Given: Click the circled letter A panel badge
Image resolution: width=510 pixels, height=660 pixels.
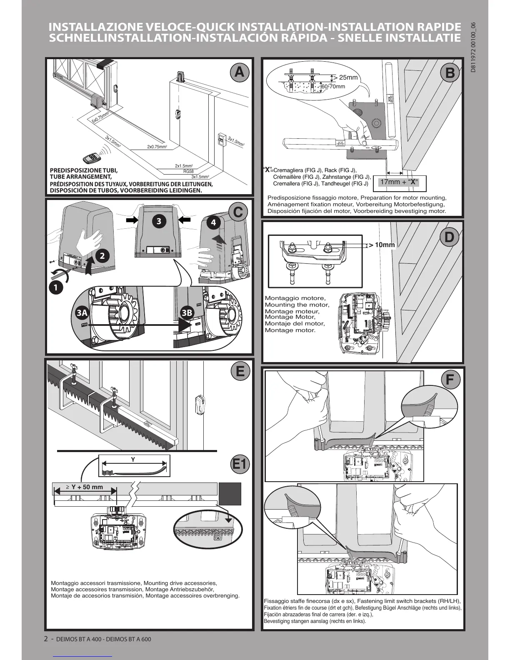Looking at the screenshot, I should pos(239,72).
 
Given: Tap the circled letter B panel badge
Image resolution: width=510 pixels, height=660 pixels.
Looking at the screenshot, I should pos(450,73).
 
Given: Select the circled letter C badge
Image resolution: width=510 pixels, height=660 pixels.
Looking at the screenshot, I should pos(238,212).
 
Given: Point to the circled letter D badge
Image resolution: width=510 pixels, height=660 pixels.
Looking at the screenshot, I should pos(449,237).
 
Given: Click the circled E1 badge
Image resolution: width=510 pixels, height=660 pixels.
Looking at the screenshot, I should pos(240,464).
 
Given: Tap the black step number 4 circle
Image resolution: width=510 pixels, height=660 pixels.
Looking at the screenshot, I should pos(213,222).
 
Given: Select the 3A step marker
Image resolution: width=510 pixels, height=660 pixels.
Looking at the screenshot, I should pos(82,313).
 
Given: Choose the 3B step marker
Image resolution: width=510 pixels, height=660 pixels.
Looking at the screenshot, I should pos(187,313).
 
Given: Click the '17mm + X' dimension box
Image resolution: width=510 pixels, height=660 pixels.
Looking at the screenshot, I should pos(399,182).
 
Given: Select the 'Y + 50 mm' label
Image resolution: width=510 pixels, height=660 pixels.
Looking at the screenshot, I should pos(85,487).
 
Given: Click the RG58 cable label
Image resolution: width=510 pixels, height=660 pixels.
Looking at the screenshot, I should pos(188,171).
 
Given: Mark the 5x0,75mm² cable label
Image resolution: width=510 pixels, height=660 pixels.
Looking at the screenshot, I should pos(100,117).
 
